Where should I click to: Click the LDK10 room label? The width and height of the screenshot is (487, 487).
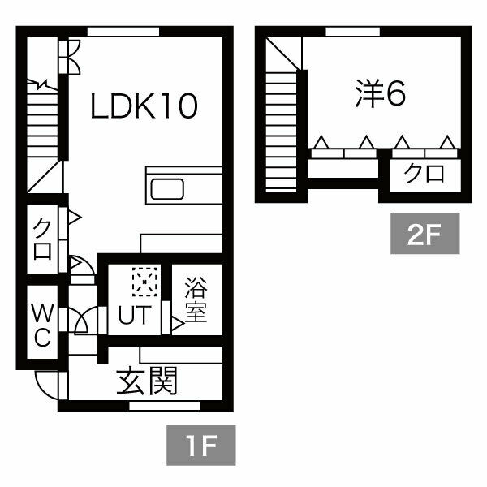point(144,107)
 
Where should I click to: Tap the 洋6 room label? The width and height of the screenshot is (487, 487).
point(380,95)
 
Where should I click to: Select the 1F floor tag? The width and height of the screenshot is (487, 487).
point(200,447)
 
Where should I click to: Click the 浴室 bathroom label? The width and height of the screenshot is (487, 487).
point(195,300)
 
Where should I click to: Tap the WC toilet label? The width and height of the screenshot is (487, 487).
point(42,323)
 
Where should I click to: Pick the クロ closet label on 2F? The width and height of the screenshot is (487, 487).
point(423,175)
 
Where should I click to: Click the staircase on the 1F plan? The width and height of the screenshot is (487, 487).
point(42,130)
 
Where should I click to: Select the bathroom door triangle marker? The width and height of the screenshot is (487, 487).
point(176,324)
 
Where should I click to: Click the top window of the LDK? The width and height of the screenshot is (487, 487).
point(123,32)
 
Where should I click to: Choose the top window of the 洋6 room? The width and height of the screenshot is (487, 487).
point(353,32)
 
